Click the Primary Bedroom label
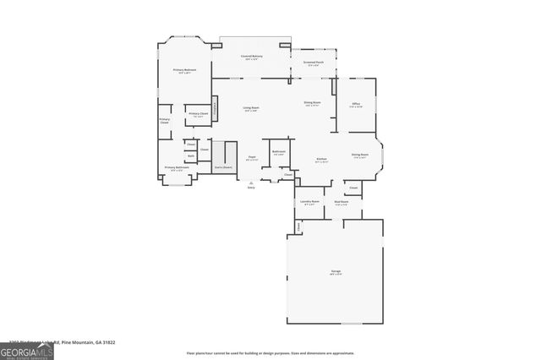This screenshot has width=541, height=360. pyautogui.click(x=185, y=70)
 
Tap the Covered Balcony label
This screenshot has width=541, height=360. pyautogui.click(x=252, y=56)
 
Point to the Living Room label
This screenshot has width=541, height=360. pyautogui.click(x=251, y=107)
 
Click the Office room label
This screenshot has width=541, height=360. pyautogui.click(x=356, y=104)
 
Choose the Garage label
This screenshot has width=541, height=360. pyautogui.click(x=336, y=270)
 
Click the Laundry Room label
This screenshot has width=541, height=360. pyautogui.click(x=309, y=202)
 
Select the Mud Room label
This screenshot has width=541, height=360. pyautogui.click(x=341, y=202)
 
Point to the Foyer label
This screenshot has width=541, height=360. pyautogui.click(x=252, y=157)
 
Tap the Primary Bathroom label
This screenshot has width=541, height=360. pyautogui.click(x=176, y=167)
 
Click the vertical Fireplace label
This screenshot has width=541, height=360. pyautogui.click(x=216, y=107)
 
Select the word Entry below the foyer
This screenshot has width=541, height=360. pyautogui.click(x=251, y=188)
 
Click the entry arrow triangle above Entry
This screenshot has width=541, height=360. pyautogui.click(x=251, y=181)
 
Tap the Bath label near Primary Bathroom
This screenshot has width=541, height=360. pyautogui.click(x=191, y=156)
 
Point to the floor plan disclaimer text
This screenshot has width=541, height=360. pyautogui.click(x=270, y=353)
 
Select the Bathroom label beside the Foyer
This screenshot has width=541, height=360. pyautogui.click(x=278, y=152)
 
